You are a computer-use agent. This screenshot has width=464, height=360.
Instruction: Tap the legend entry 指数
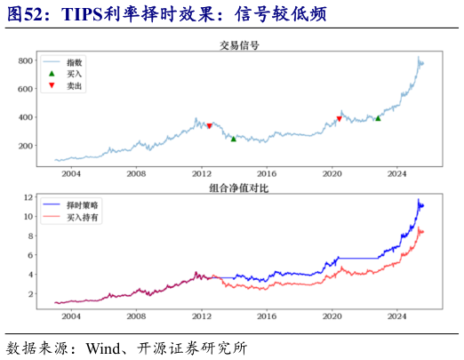pyautogui.click(x=75, y=62)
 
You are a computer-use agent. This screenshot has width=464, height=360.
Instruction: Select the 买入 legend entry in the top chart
pyautogui.click(x=75, y=74)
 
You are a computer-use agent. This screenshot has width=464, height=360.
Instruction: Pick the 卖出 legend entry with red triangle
pyautogui.click(x=75, y=85)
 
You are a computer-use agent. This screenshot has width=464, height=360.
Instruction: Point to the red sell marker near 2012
pyautogui.click(x=210, y=126)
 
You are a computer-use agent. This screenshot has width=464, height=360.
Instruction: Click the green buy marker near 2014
pyautogui.click(x=234, y=139)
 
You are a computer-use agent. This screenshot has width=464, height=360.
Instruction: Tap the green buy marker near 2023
pyautogui.click(x=378, y=117)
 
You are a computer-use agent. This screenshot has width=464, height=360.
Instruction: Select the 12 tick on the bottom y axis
pyautogui.click(x=29, y=197)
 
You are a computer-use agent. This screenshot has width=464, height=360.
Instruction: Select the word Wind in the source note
pyautogui.click(x=103, y=347)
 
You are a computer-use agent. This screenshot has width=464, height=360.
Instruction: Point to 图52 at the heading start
pyautogui.click(x=24, y=12)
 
